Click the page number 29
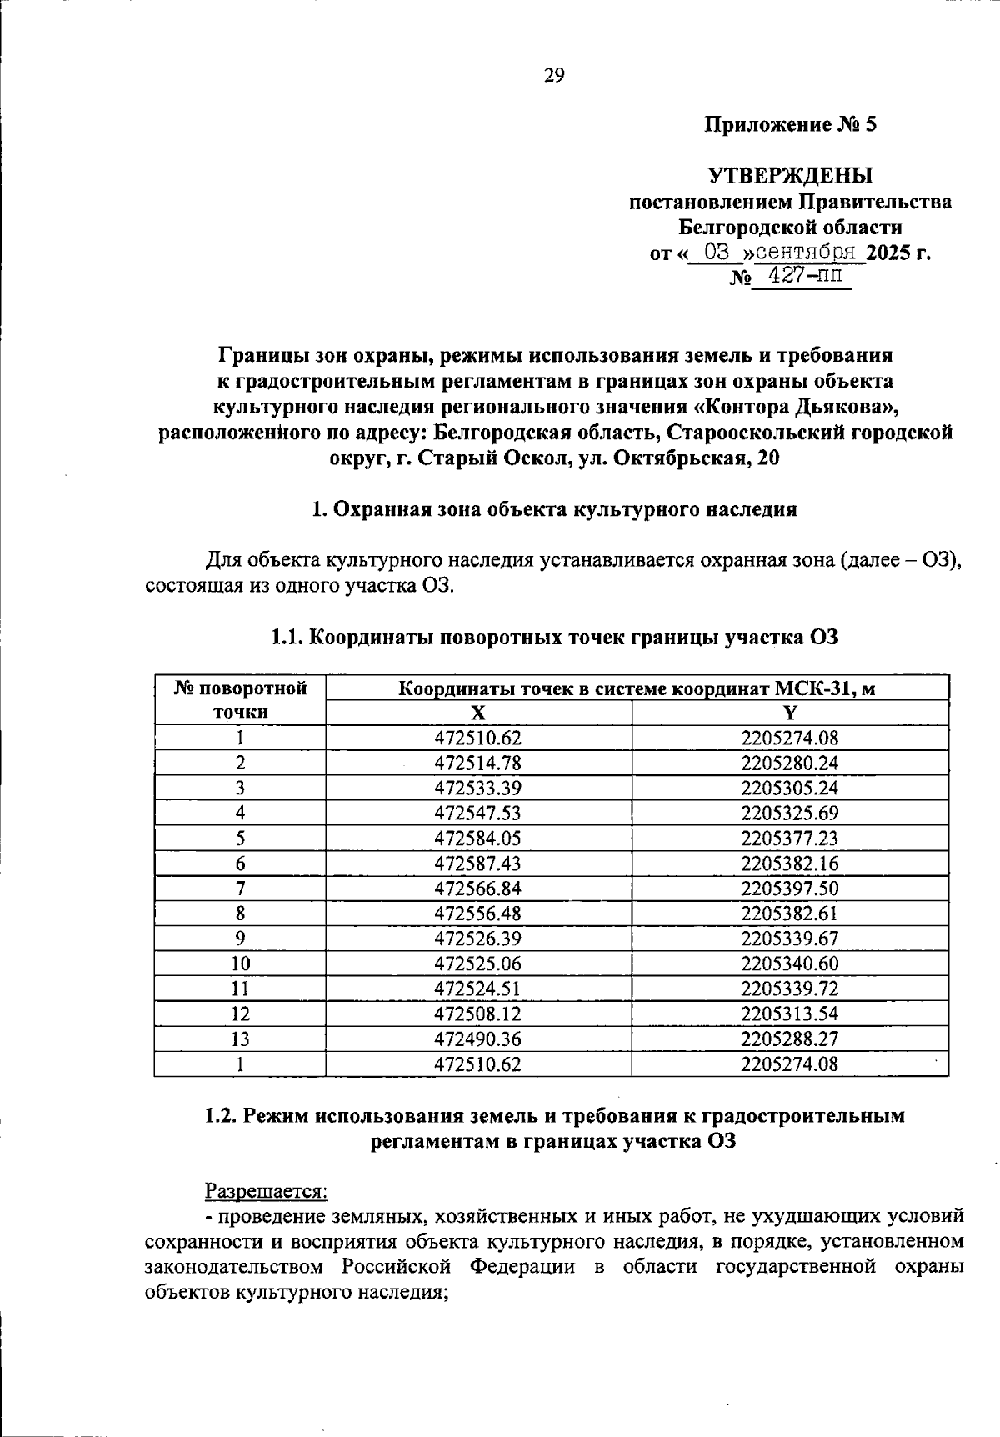coord(554,76)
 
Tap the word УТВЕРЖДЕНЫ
coord(790,176)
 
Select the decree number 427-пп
coord(800,276)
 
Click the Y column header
coord(790,713)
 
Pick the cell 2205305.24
coord(790,788)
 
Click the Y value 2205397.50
coord(790,889)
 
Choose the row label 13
coord(240,1039)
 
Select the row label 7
coord(240,889)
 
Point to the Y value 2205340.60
coord(790,964)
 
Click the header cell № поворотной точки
coord(240,700)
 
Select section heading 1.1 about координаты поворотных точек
coord(554,638)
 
